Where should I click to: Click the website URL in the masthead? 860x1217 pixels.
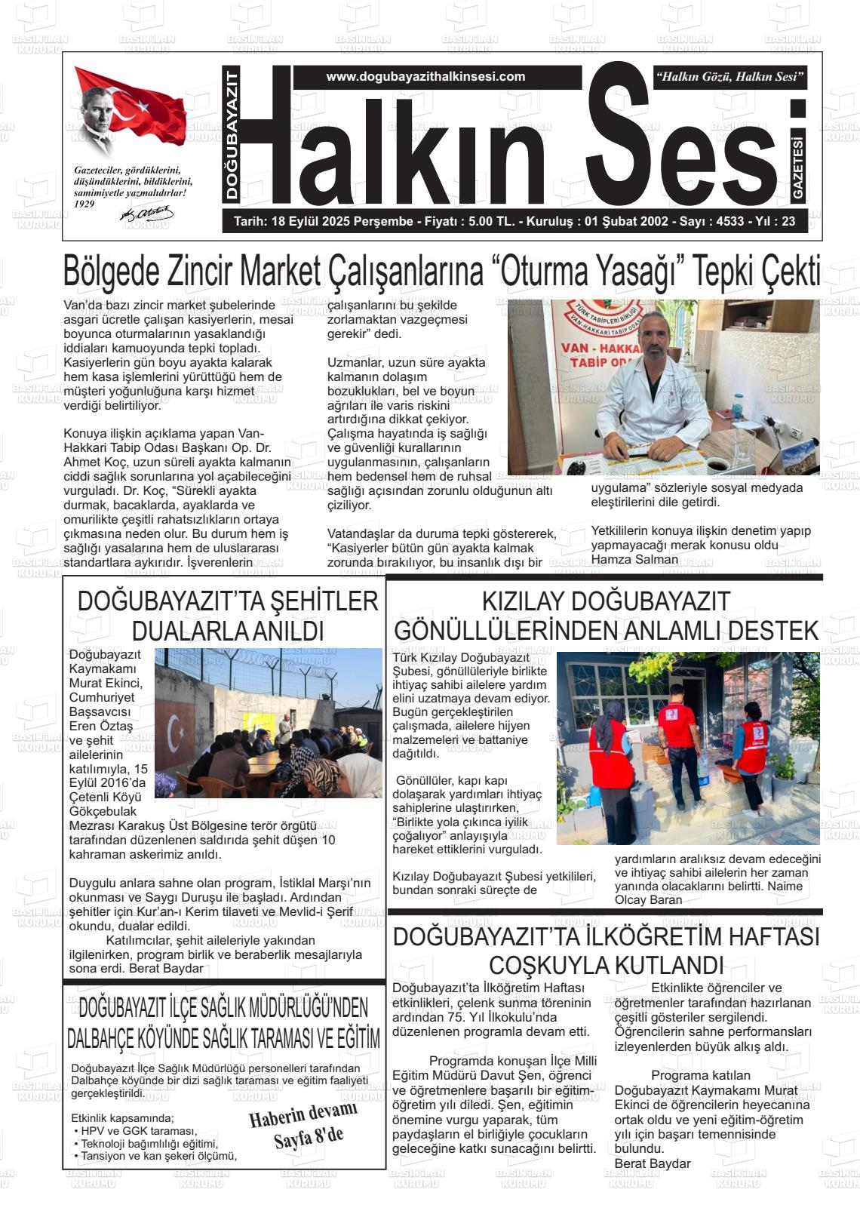(425, 76)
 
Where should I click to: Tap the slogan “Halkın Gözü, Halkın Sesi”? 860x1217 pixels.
(731, 76)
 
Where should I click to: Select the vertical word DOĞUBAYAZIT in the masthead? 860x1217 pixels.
(232, 134)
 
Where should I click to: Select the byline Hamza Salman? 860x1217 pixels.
(624, 560)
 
